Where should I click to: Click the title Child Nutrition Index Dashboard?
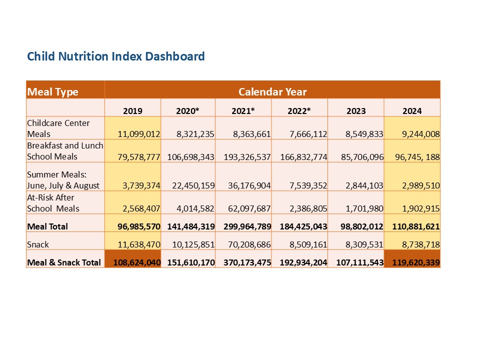click(x=116, y=56)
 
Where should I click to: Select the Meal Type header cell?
click(x=53, y=92)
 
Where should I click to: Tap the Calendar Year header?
click(x=272, y=92)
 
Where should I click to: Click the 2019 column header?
click(x=132, y=111)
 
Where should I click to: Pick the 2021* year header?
click(x=243, y=111)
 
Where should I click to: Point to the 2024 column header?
click(x=412, y=111)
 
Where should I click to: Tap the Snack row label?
click(x=38, y=244)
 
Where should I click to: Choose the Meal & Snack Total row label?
click(x=64, y=262)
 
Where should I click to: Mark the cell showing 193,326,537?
click(x=243, y=157)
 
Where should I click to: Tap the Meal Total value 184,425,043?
click(x=300, y=226)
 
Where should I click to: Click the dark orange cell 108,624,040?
click(x=132, y=262)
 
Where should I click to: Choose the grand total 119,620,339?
click(x=412, y=262)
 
